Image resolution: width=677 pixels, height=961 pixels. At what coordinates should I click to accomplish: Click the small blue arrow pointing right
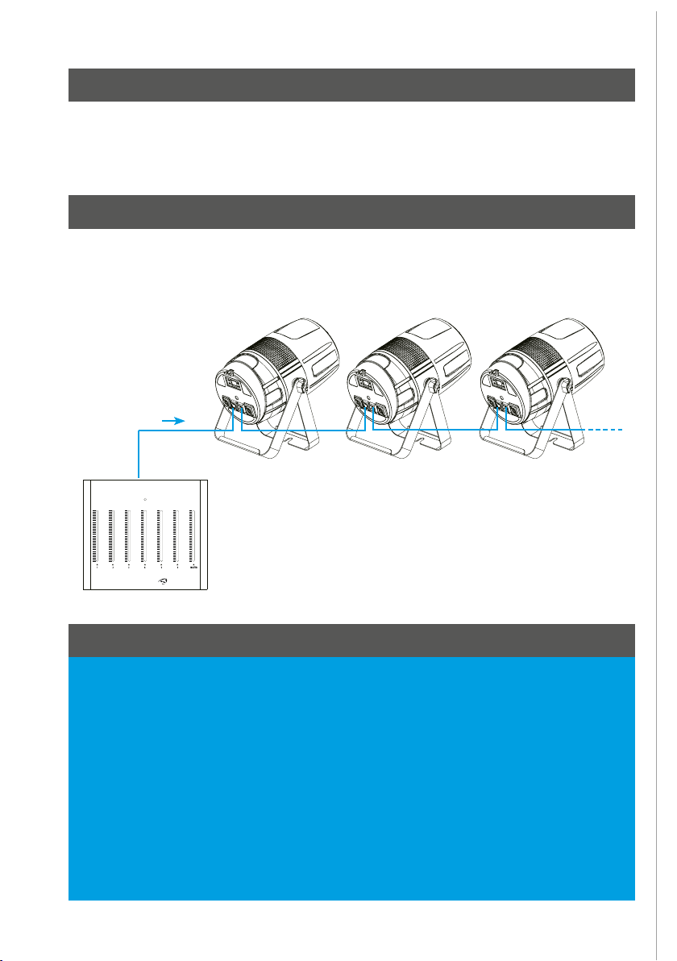point(173,420)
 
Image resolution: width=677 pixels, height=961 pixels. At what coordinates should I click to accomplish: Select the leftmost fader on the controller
point(94,536)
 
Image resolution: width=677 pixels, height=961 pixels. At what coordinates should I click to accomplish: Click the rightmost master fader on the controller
point(193,536)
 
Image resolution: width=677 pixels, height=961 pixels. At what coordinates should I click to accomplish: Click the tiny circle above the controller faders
point(144,501)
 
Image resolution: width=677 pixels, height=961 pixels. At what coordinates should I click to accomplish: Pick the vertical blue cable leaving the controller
point(139,456)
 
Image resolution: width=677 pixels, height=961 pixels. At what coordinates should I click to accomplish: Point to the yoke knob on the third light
point(565,387)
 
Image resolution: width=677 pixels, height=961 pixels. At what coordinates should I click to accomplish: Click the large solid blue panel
point(351,778)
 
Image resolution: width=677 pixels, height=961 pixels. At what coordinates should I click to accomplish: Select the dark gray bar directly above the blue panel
point(351,640)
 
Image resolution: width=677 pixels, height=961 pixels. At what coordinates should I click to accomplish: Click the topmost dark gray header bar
point(351,85)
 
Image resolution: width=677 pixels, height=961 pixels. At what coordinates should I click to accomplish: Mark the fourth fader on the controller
point(143,536)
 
